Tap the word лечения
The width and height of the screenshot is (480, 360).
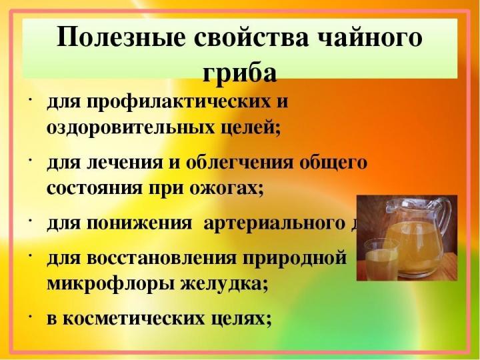[x=117, y=163]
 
